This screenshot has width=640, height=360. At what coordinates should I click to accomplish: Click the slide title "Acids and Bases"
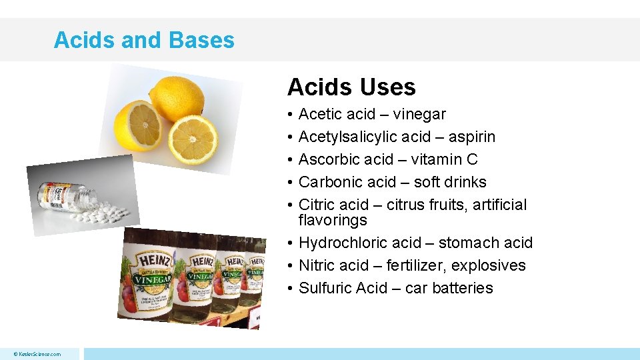point(144,40)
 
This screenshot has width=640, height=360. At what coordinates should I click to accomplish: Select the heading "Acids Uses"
point(351,87)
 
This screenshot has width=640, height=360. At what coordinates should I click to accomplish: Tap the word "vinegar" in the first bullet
point(419,115)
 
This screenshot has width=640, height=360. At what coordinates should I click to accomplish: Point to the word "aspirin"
point(471,137)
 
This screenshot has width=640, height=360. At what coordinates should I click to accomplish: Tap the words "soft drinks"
point(450,182)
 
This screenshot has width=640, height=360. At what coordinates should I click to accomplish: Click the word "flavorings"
point(333,220)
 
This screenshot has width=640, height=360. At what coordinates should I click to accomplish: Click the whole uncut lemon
point(176,98)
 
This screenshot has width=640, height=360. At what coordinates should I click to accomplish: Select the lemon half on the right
point(193,139)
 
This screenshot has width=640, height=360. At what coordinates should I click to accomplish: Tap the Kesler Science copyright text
point(38,354)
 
